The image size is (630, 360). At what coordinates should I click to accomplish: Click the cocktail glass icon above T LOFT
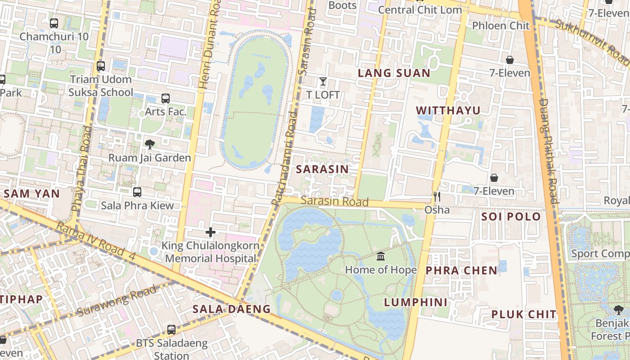pos(323,81)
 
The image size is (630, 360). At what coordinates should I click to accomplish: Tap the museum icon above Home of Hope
pos(381,256)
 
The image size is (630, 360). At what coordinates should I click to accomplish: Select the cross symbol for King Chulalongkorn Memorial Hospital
pos(210,232)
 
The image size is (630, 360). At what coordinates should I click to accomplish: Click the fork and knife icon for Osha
pos(436,197)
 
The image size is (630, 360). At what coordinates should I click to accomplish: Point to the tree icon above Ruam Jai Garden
pos(149,144)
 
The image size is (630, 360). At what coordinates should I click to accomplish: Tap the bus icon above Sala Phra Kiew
pos(137,192)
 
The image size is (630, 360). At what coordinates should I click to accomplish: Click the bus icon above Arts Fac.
pos(165,99)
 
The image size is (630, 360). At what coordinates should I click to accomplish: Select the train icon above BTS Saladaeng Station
pos(171,330)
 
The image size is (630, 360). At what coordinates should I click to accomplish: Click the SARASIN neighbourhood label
pos(322,169)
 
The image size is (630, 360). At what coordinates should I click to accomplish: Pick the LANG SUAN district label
pos(394,73)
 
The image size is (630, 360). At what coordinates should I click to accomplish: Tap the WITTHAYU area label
pos(448,110)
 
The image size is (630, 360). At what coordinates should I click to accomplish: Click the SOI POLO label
pos(511,216)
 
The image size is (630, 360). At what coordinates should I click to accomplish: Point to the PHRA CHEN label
pos(461,270)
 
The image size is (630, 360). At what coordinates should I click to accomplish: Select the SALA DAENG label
pos(231,309)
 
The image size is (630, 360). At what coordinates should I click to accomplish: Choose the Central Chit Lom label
pos(419,10)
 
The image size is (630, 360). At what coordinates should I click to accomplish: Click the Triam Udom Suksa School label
pos(101,86)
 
